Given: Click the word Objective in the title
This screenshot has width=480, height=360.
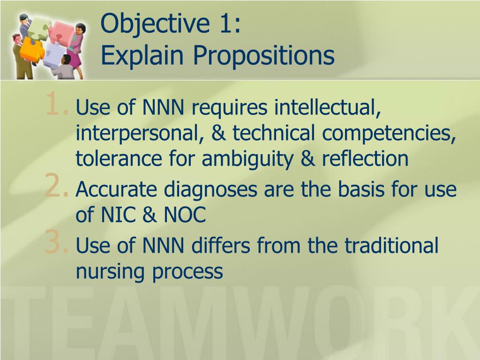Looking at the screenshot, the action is click(155, 24).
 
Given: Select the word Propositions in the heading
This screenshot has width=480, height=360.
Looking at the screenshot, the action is click(263, 55).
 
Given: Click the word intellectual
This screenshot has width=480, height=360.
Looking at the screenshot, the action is click(328, 107).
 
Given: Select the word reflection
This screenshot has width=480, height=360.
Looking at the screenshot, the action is click(365, 158).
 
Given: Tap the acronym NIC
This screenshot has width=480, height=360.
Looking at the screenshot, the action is click(118, 215).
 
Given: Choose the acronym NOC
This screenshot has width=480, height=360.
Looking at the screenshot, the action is click(185, 215).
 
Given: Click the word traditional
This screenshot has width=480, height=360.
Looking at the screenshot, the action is click(391, 245).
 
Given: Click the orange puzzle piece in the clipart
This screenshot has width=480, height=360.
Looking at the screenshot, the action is click(32, 49).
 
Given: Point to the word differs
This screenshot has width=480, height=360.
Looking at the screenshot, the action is click(220, 245).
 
